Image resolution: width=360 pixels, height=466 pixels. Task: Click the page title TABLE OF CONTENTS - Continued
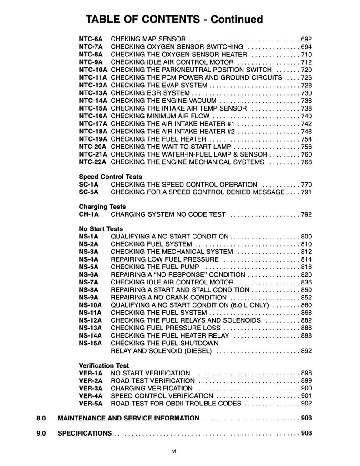[x=174, y=19]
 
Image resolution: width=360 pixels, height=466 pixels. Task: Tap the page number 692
[x=306, y=39]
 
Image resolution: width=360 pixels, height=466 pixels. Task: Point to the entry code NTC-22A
[x=93, y=162]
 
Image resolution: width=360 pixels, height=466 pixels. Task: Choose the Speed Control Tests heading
[x=111, y=177]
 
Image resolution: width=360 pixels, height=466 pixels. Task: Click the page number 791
[x=306, y=192]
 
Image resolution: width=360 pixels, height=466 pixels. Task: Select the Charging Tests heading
[x=102, y=207]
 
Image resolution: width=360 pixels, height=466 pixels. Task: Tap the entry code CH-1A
[x=88, y=214]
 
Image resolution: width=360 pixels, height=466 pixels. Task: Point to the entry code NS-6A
[x=88, y=275]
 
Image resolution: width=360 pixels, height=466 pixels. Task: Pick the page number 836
[x=306, y=283]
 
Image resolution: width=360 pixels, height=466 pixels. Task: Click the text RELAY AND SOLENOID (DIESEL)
[x=163, y=351]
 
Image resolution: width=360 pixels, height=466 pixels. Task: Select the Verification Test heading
[x=104, y=365]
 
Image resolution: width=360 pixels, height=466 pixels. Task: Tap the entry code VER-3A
[x=91, y=388]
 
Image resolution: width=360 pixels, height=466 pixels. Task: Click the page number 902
[x=306, y=403]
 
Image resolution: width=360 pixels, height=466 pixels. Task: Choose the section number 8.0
[x=42, y=418]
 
